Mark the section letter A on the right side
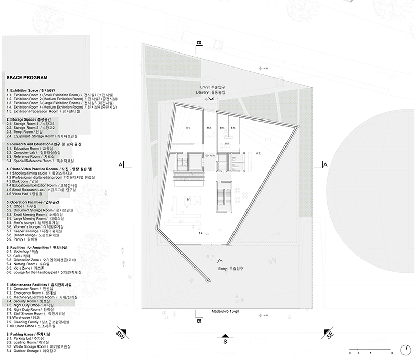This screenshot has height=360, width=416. (326, 165)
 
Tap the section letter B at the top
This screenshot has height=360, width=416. (198, 43)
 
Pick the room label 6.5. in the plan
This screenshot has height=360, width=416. (227, 143)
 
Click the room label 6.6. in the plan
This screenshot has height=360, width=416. (222, 127)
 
